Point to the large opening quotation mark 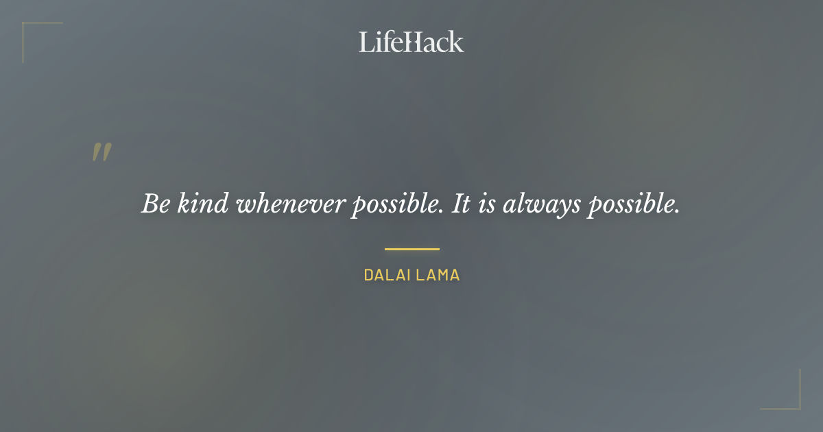point(102,153)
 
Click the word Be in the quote point(156,204)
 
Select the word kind point(203,204)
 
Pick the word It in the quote point(461,204)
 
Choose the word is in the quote point(486,204)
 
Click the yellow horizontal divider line point(411,249)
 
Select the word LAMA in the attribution point(438,276)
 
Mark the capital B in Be point(150,204)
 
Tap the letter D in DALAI point(368,276)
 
